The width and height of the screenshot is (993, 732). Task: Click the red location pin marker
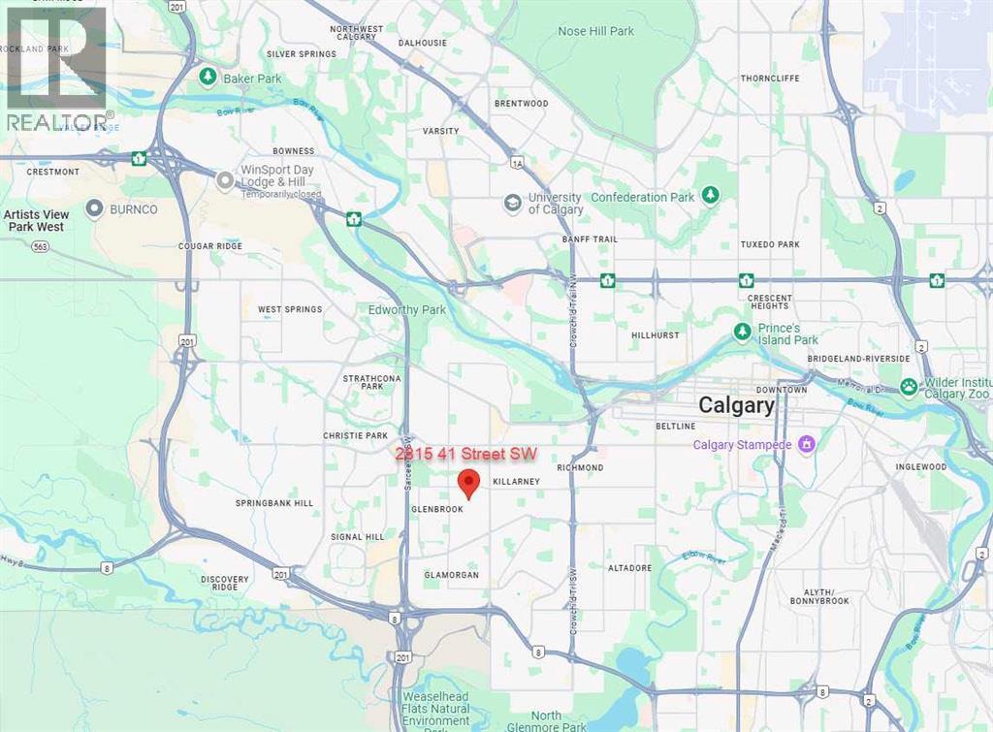469,482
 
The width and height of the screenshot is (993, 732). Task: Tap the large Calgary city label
737,405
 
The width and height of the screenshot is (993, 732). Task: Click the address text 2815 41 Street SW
465,454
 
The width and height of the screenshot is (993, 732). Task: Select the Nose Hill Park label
595,31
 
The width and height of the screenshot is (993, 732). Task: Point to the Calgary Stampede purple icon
805,444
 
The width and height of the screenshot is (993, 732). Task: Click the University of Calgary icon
512,204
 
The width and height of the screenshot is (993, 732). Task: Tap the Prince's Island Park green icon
742,333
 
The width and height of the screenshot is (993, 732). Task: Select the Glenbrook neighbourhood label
436,508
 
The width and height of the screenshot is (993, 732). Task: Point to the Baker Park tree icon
207,76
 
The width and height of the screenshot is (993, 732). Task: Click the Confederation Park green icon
711,196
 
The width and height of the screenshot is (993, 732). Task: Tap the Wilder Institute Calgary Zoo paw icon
909,387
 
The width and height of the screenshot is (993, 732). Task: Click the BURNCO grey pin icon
95,207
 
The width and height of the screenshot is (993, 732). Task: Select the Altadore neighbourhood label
630,567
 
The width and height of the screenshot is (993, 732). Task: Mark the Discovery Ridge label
225,584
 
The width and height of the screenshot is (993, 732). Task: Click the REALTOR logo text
58,121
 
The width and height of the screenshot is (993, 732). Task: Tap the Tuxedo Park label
769,244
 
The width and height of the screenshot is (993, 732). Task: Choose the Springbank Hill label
274,503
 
